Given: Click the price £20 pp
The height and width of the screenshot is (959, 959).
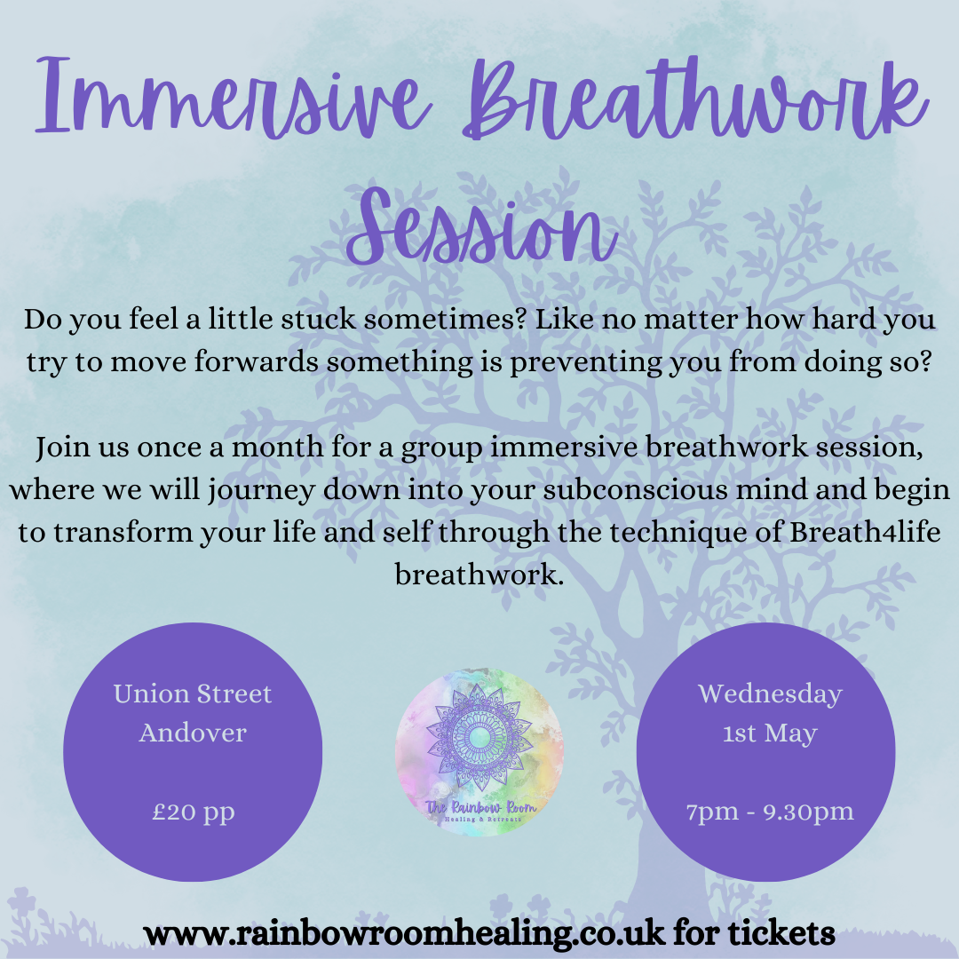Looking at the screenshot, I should (193, 812).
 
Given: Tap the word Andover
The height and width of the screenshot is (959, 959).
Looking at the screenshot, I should (193, 733).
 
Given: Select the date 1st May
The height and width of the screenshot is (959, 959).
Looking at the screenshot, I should (769, 733).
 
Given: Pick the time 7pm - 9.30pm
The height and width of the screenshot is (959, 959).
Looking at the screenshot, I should (769, 811).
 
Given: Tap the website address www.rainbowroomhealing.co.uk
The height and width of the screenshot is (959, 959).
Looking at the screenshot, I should (403, 933).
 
